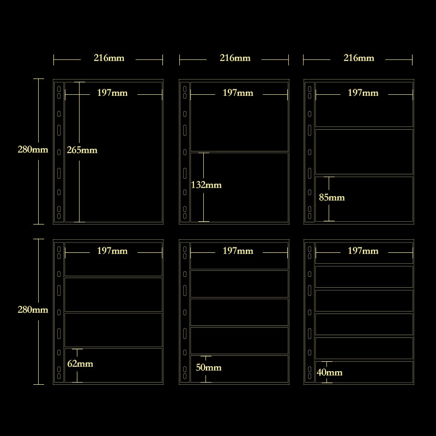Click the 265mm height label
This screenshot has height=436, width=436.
(x=82, y=150)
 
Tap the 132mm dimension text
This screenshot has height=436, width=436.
(x=207, y=185)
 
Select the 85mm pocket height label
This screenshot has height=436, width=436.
(x=332, y=197)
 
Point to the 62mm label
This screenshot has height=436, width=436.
(x=80, y=364)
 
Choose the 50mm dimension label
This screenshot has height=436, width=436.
(x=208, y=367)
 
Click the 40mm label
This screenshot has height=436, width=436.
(x=329, y=372)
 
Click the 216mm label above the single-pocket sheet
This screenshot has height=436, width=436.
(x=108, y=58)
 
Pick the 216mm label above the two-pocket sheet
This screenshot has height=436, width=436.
(x=234, y=58)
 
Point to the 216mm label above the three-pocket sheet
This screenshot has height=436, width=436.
(x=359, y=58)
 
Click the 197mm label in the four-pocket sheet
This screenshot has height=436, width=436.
(x=112, y=251)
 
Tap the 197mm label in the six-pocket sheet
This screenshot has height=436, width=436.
(x=363, y=251)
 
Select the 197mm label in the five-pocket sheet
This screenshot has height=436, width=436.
(x=238, y=251)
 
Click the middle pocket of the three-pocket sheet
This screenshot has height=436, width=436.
(x=364, y=152)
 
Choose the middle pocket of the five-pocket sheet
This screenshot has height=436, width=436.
(x=239, y=312)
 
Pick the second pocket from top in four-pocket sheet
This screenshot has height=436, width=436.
(x=113, y=294)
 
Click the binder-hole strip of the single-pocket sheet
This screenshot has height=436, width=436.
(x=59, y=152)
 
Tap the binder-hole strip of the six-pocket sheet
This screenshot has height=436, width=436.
(x=310, y=312)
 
